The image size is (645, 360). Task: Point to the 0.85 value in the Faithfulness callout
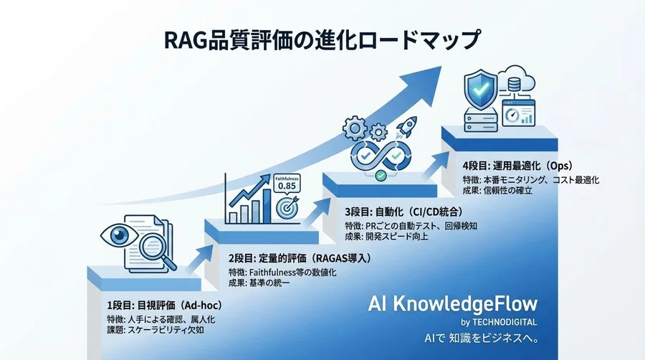point(286,185)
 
